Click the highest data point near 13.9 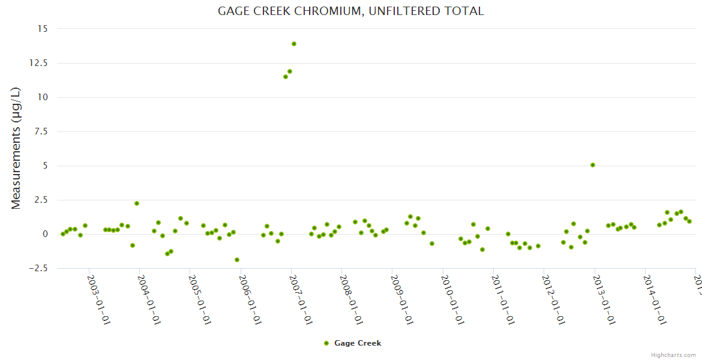click(x=294, y=44)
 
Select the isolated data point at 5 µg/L click(x=593, y=165)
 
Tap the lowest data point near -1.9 click(x=237, y=260)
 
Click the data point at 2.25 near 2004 click(x=137, y=203)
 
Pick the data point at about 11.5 click(x=286, y=77)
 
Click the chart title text click(x=350, y=11)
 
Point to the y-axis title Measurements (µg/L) click(x=16, y=148)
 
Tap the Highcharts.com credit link click(x=673, y=355)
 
